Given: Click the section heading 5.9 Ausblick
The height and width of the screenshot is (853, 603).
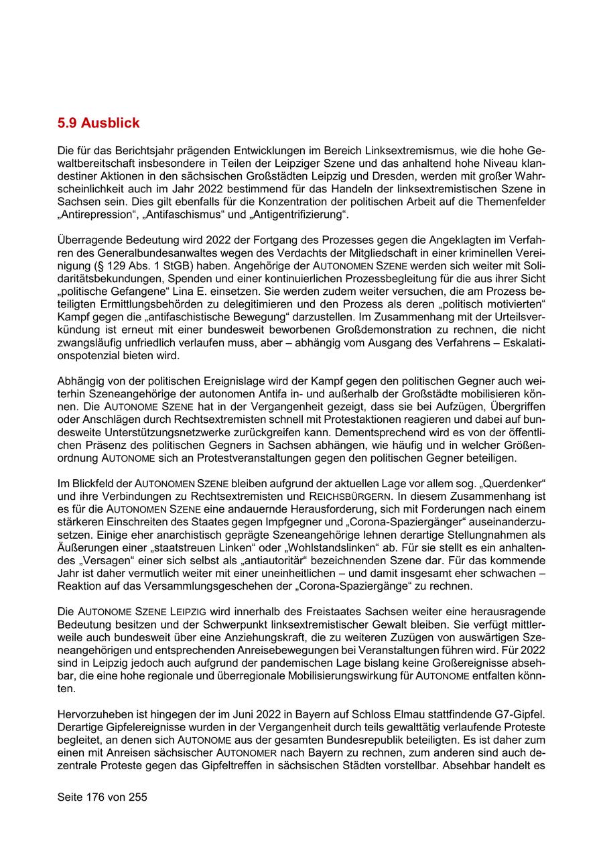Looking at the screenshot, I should (x=98, y=123).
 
